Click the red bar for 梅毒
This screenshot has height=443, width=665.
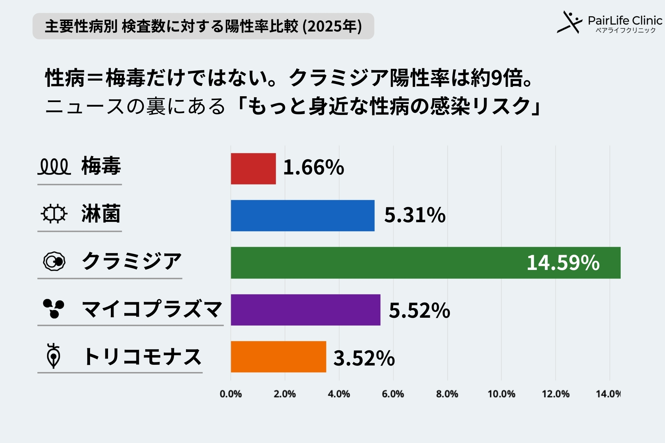(x=253, y=169)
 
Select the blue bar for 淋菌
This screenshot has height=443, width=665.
(x=302, y=216)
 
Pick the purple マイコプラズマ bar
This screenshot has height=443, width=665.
(x=305, y=310)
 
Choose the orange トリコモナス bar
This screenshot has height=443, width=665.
(x=278, y=357)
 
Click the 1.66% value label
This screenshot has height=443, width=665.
(x=313, y=168)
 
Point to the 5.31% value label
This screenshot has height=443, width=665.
(x=415, y=215)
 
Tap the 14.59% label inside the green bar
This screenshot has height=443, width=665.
(x=563, y=263)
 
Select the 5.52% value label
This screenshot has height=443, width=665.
(x=419, y=310)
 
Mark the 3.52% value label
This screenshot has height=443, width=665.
(x=364, y=358)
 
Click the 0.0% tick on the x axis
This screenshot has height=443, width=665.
(x=231, y=394)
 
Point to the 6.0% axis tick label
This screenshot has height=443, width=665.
(x=393, y=394)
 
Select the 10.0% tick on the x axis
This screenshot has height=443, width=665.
(x=501, y=394)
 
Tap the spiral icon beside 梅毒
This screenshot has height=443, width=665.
(x=54, y=166)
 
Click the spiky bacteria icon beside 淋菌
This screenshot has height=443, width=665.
(x=54, y=214)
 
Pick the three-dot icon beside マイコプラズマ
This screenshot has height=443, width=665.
(x=54, y=308)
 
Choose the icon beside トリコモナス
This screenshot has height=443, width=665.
(x=53, y=356)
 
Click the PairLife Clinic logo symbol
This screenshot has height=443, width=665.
(x=569, y=23)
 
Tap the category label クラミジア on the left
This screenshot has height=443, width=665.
(x=132, y=261)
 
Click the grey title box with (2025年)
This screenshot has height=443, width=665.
(x=203, y=26)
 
